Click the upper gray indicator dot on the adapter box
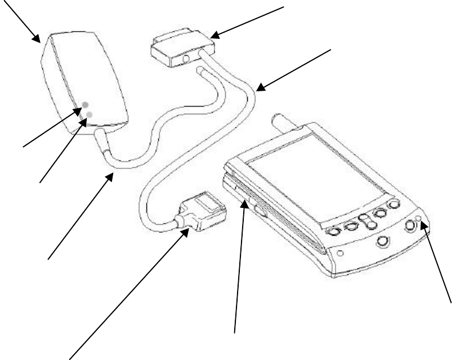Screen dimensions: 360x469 pyautogui.click(x=86, y=105)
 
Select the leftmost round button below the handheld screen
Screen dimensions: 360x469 pyautogui.click(x=334, y=230)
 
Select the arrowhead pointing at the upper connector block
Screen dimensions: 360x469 pyautogui.click(x=215, y=35)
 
